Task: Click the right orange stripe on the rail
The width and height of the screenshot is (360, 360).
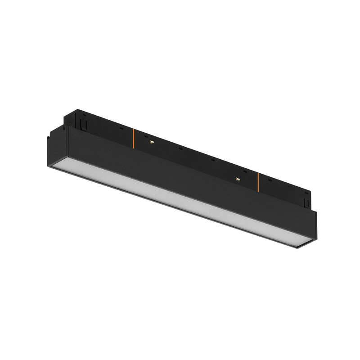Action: [x=258, y=181]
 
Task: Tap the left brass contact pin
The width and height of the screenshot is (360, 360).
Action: [x=152, y=142]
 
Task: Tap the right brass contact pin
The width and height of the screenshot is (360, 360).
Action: [x=237, y=179]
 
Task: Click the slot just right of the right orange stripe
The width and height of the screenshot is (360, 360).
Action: [x=270, y=180]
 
